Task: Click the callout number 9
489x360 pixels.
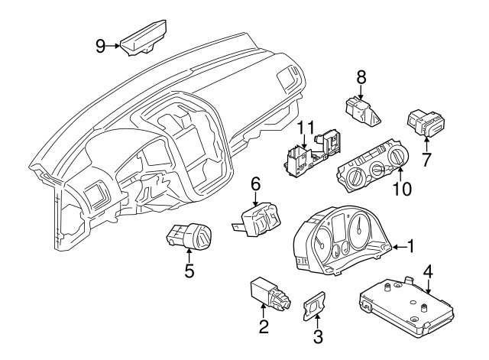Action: (x=100, y=46)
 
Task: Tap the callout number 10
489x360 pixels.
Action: (x=402, y=187)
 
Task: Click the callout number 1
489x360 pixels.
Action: (x=410, y=246)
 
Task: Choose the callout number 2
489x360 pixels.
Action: (x=263, y=329)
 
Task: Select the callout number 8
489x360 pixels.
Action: (x=361, y=76)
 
